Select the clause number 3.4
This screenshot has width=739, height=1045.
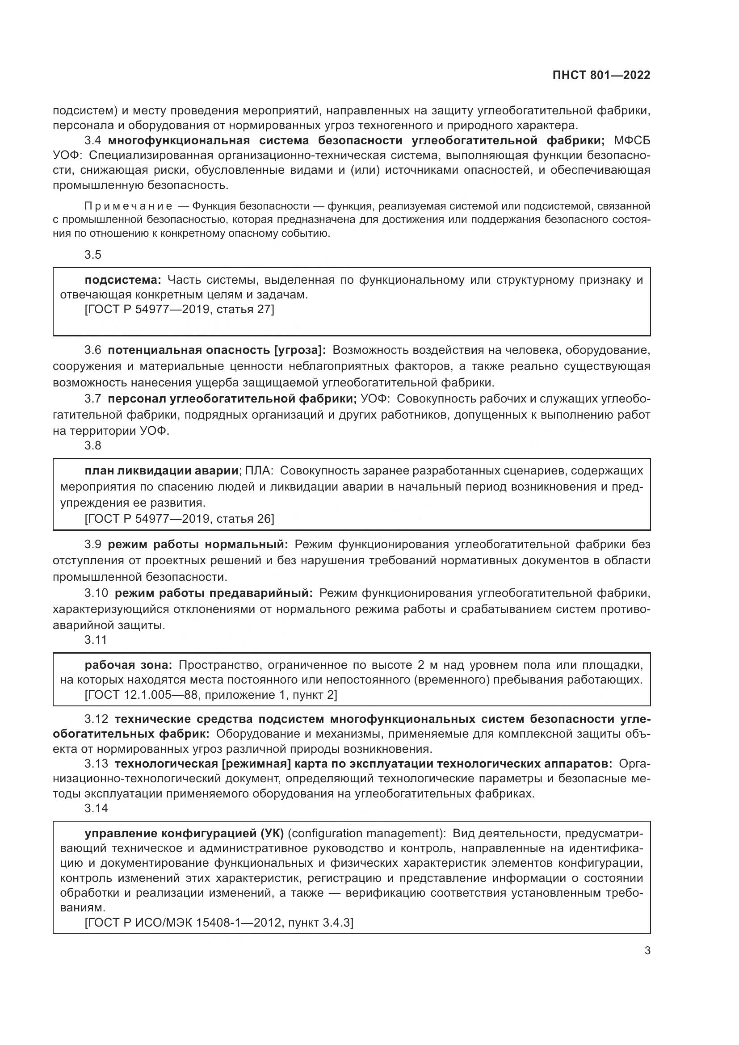93,140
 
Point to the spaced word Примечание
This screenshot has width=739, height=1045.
128,206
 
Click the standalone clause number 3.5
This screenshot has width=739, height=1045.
93,255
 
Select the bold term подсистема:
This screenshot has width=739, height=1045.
123,280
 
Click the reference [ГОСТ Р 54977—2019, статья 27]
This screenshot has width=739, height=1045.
180,310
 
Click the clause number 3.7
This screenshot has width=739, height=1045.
93,399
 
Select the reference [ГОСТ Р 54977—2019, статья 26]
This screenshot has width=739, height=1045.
180,518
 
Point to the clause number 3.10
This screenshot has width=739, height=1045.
96,593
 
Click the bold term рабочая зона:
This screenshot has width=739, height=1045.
128,665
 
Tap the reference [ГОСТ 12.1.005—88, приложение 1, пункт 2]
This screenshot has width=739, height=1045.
211,695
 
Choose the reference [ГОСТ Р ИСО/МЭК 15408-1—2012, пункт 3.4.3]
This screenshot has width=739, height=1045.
219,923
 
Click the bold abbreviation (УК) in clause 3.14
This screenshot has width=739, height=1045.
272,833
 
